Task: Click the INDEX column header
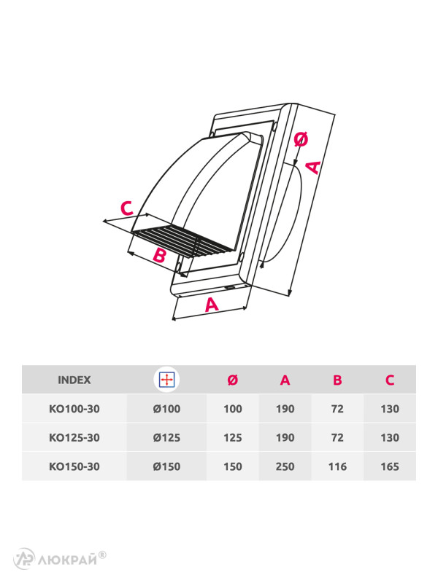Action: [74, 380]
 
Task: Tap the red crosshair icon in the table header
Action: [167, 380]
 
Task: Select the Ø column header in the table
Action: [233, 380]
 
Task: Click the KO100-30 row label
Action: [74, 409]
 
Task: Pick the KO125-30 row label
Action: [74, 437]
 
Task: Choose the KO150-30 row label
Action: [74, 466]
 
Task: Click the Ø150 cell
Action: [167, 466]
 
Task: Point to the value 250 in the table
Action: [285, 466]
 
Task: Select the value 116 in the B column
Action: [338, 466]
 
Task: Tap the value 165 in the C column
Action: [390, 466]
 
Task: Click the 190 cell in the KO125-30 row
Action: [285, 437]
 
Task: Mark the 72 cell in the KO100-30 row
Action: [338, 409]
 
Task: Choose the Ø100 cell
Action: [167, 409]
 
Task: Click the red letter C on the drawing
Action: [127, 208]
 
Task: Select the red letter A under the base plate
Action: [212, 305]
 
